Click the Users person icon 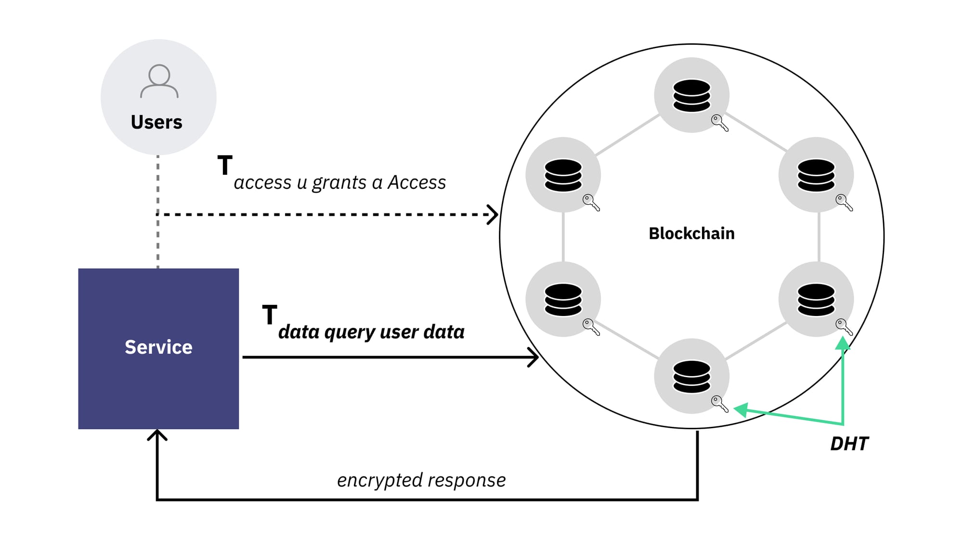(159, 81)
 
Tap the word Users (156, 122)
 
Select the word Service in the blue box (158, 347)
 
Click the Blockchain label (691, 234)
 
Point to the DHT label (849, 444)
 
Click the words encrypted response (421, 480)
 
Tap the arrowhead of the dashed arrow (493, 214)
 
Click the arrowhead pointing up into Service (157, 434)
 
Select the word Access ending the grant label (417, 183)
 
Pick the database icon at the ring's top (691, 95)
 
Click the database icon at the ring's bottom (691, 377)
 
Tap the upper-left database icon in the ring (563, 175)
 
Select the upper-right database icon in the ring (816, 175)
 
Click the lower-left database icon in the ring (563, 300)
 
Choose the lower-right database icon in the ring (816, 300)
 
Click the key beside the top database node (720, 123)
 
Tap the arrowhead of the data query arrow (534, 357)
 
